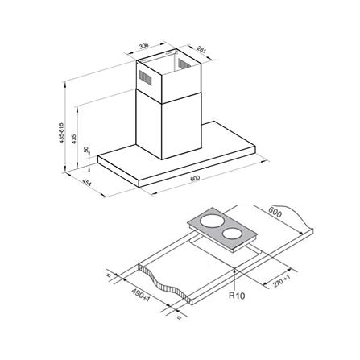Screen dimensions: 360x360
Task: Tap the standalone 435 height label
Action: pos(75,138)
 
